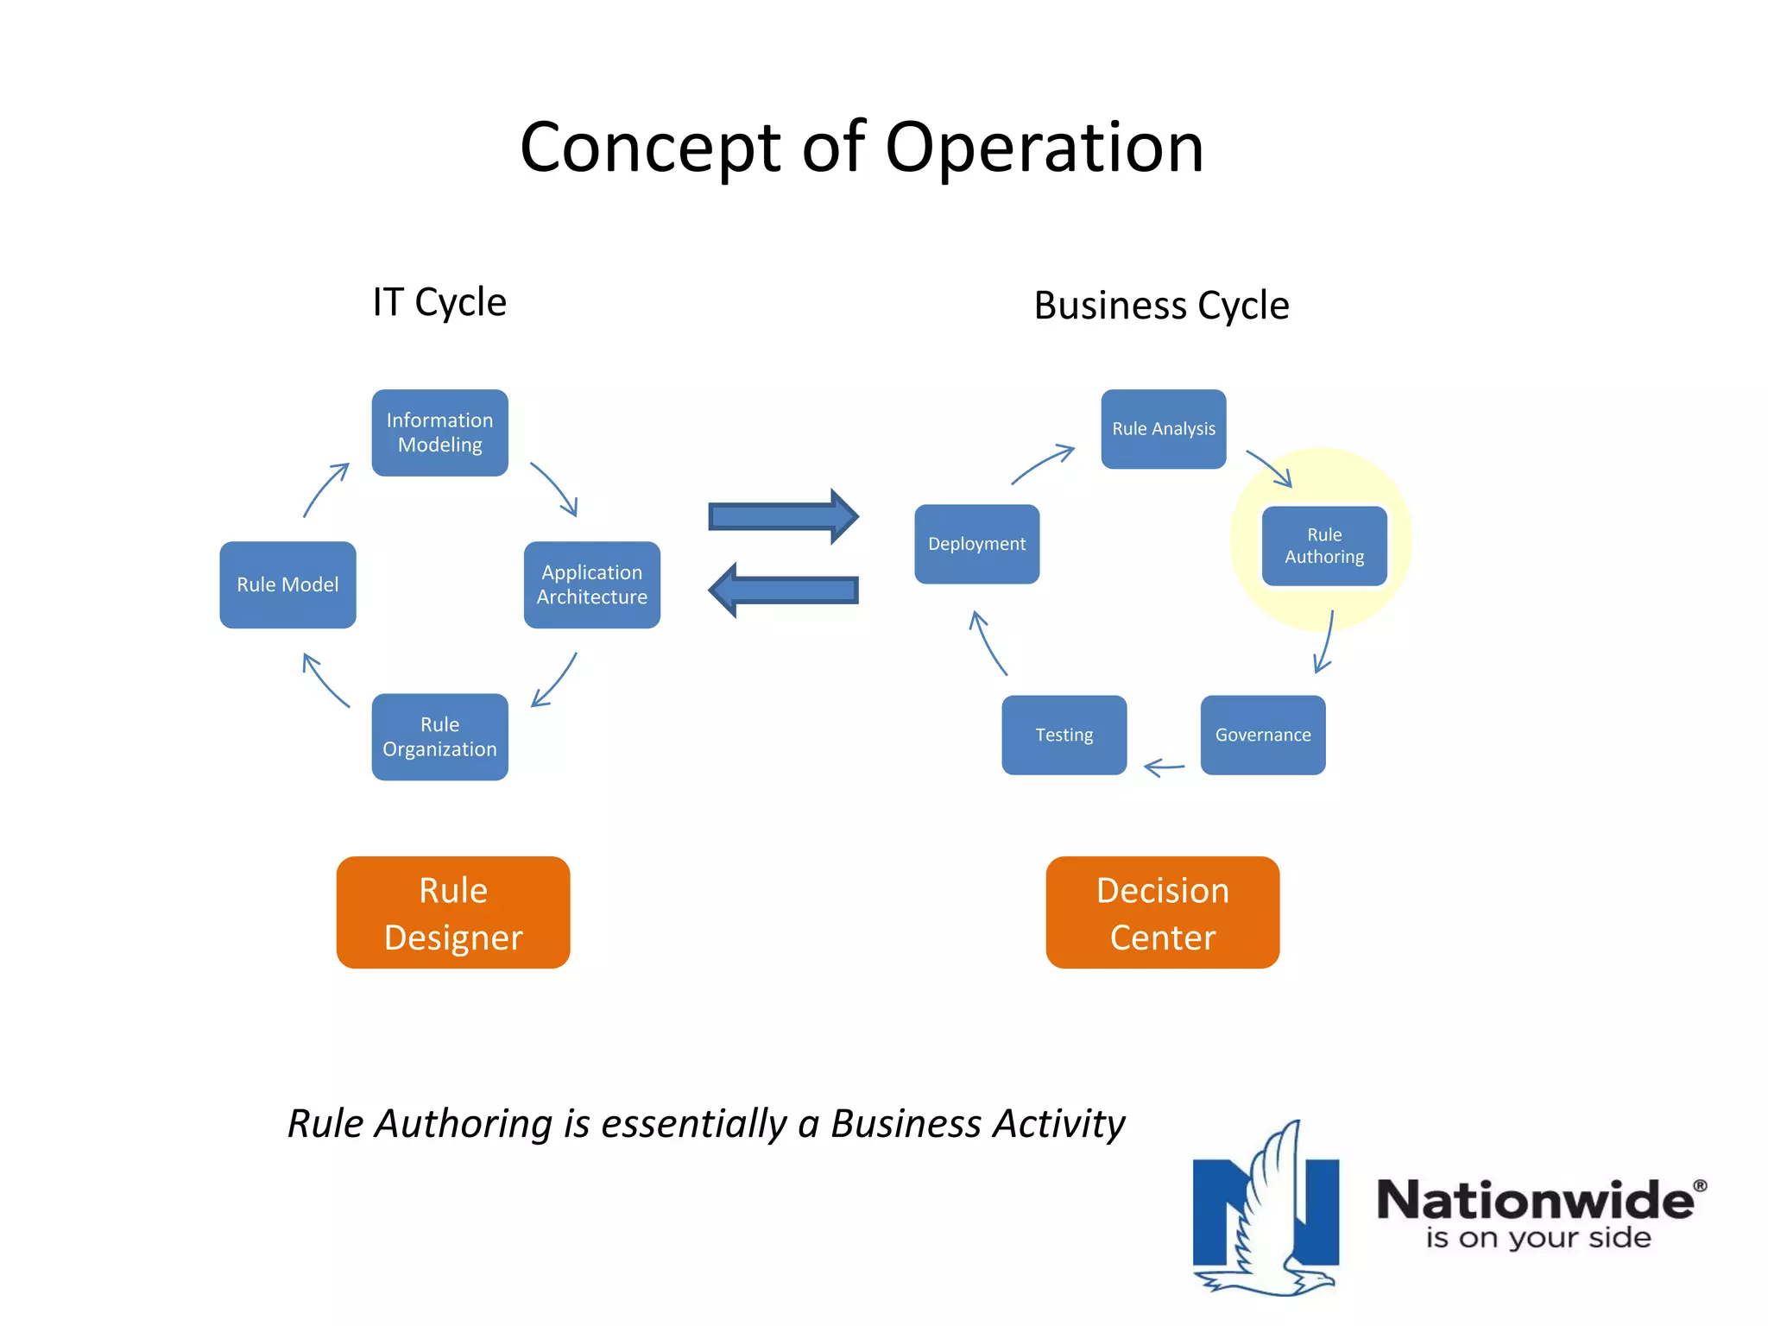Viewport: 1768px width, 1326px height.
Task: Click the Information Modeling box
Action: tap(439, 433)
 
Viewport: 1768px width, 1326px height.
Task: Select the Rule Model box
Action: tap(287, 584)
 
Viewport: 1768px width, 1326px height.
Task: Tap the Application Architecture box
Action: tap(591, 584)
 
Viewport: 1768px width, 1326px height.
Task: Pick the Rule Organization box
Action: tap(439, 736)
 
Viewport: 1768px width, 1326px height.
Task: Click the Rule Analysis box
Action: tap(1163, 429)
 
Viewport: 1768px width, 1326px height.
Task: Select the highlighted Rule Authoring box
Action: tap(1324, 546)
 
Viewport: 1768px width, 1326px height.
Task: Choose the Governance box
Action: tap(1262, 735)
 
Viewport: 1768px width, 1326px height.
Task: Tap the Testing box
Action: tap(1064, 735)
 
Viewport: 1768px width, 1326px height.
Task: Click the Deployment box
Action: tap(976, 544)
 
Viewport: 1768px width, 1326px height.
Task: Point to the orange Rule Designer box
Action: tap(453, 912)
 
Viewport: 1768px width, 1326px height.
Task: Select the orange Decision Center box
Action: tap(1162, 912)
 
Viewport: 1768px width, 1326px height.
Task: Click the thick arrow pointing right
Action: tap(782, 516)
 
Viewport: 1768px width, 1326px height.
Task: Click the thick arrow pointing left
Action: tap(782, 590)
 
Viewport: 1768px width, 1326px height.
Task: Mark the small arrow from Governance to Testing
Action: tap(1164, 767)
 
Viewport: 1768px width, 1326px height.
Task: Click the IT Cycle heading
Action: tap(439, 302)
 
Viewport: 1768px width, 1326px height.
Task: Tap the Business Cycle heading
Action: tap(1161, 306)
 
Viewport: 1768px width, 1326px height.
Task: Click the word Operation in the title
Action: tap(1044, 148)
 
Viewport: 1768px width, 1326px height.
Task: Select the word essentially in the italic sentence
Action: tap(694, 1124)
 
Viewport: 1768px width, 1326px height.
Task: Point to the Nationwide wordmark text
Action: tap(1535, 1200)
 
